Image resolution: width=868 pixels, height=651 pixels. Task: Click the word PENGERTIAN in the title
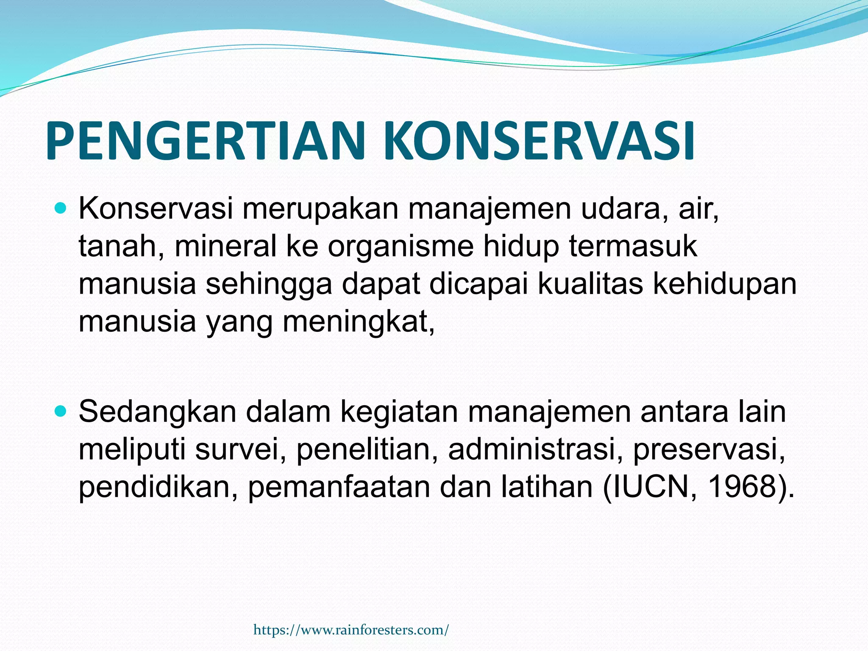[205, 141]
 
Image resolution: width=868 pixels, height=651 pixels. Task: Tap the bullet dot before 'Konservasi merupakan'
[61, 209]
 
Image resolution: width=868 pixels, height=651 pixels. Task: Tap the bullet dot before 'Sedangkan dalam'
[61, 411]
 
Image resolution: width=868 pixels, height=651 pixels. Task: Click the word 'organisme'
[401, 246]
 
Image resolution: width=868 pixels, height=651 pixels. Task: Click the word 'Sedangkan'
[157, 412]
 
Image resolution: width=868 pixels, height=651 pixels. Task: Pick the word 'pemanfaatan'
[339, 487]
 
